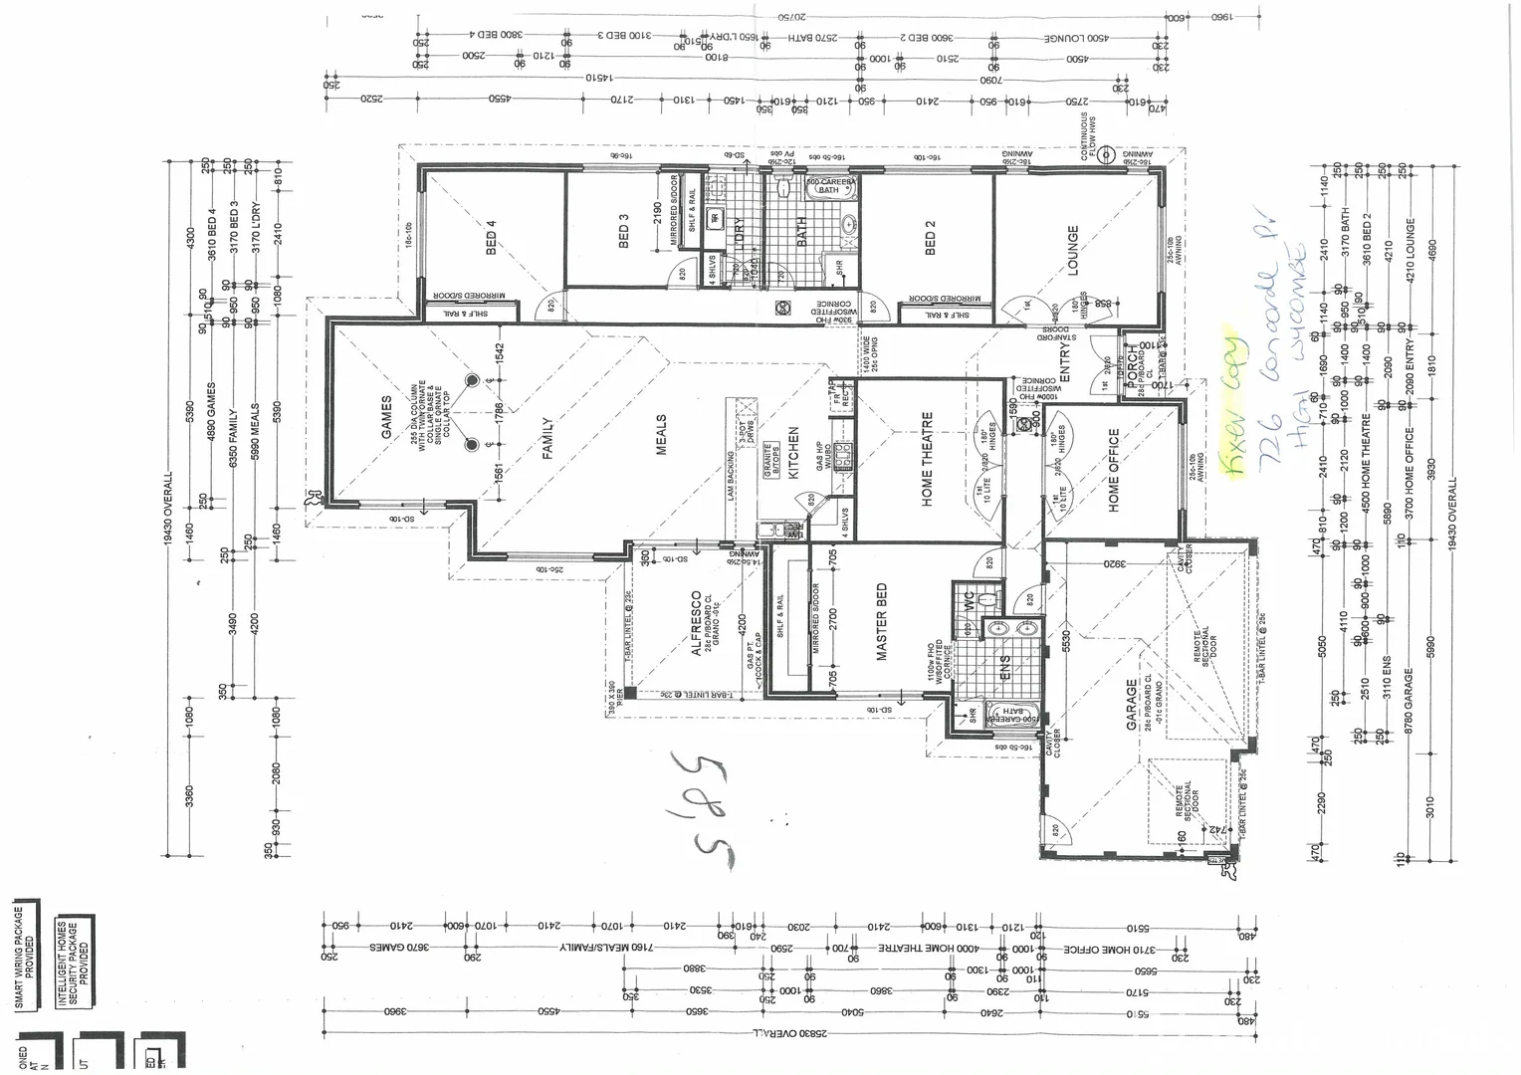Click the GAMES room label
(x=386, y=416)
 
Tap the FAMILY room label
(x=546, y=437)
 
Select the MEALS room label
(x=661, y=435)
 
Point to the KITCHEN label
(x=794, y=454)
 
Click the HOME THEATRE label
(x=928, y=459)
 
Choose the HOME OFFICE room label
(x=1114, y=470)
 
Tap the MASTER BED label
(x=881, y=622)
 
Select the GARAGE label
(x=1132, y=705)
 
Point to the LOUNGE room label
(x=1073, y=250)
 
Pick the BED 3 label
(x=624, y=231)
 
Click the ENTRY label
(x=1064, y=363)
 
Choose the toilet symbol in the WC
(x=986, y=599)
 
